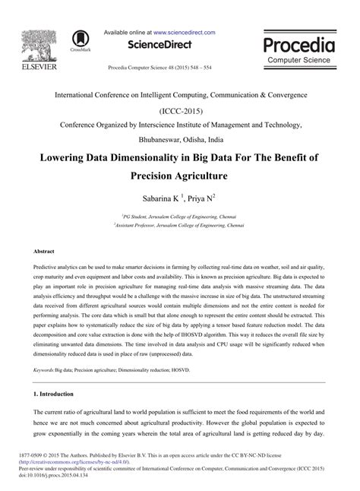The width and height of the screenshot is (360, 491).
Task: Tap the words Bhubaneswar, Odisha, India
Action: coord(180,140)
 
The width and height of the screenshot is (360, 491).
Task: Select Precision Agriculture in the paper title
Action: coord(180,176)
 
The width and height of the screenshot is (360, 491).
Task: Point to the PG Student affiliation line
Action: coord(180,216)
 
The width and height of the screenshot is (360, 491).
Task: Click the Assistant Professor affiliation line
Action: coord(180,225)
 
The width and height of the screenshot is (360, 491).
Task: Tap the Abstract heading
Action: coord(44,250)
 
